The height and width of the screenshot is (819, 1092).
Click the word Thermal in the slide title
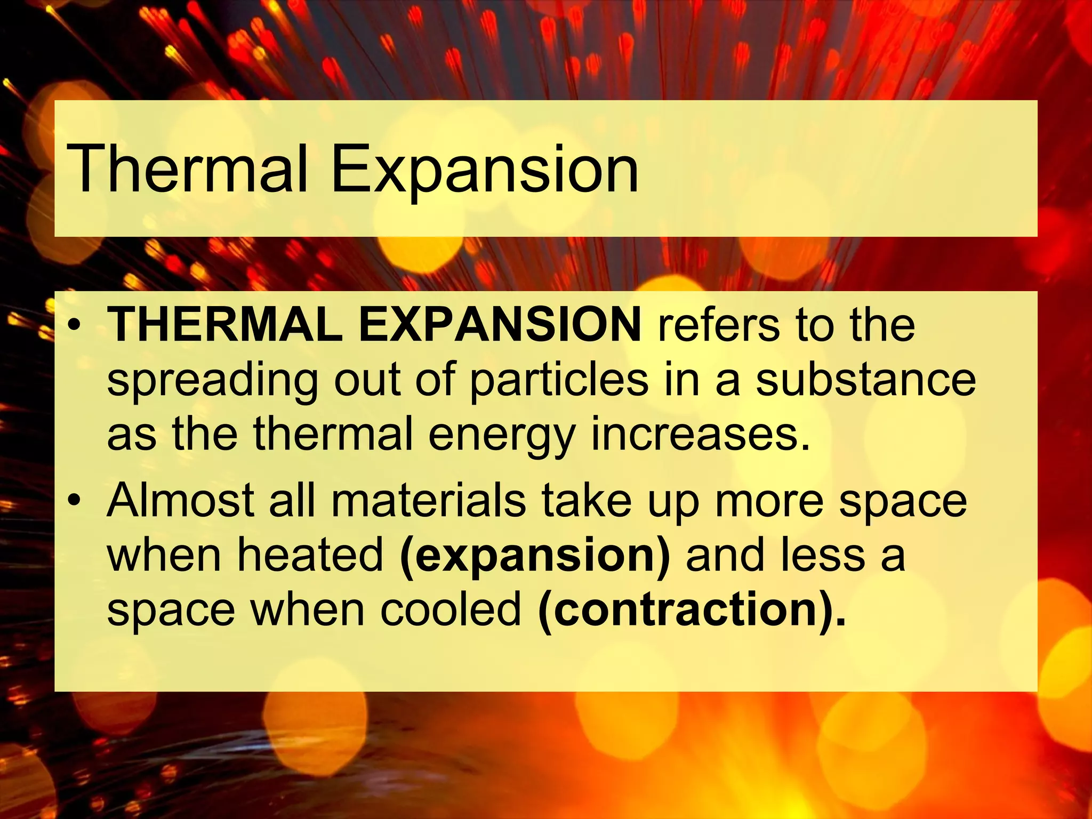coord(187,170)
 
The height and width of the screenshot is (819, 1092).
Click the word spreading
coord(212,382)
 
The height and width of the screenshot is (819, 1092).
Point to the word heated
coord(310,555)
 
